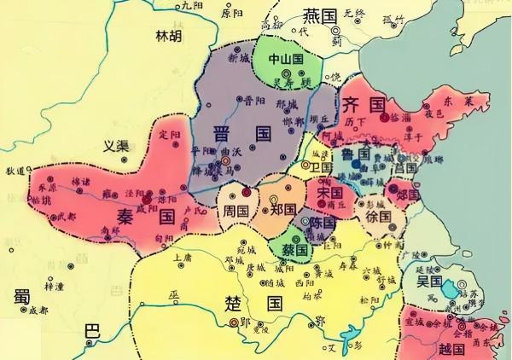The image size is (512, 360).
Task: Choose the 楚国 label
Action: pyautogui.click(x=262, y=302)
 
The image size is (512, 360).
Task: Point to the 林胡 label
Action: pyautogui.click(x=168, y=37)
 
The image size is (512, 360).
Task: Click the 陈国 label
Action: pyautogui.click(x=323, y=222)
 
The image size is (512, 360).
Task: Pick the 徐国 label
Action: pyautogui.click(x=378, y=218)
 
